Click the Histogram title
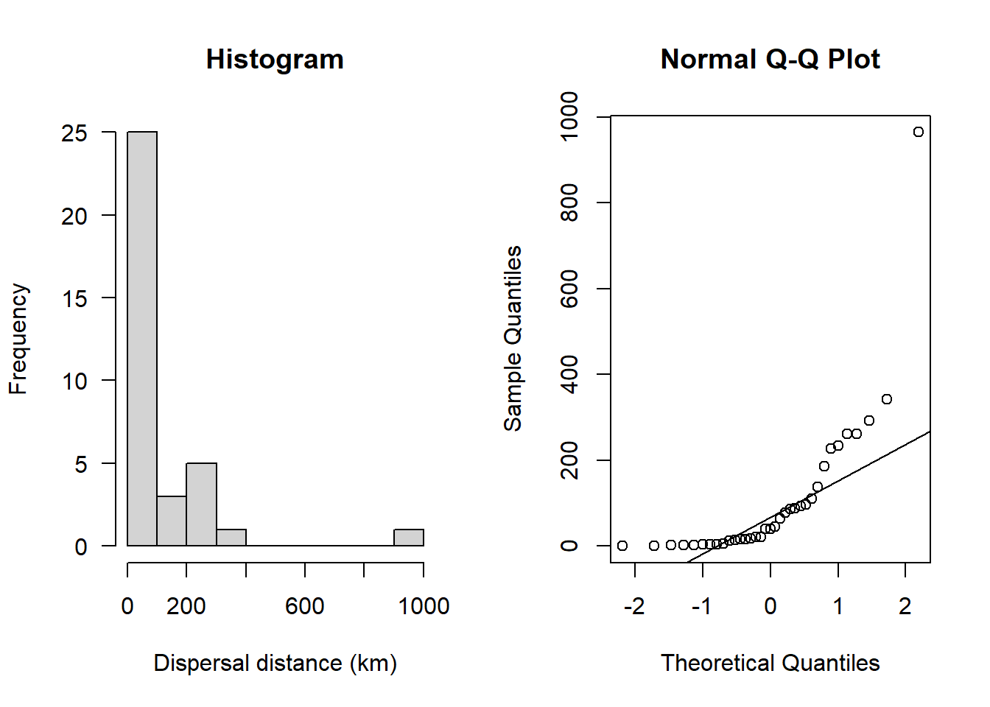(275, 60)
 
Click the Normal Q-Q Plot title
(770, 60)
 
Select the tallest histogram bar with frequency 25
(142, 339)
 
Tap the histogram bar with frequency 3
(172, 521)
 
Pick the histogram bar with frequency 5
(201, 504)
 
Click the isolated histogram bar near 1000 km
(409, 538)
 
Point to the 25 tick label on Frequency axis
(74, 133)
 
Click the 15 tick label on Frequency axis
(74, 298)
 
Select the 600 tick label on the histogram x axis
(305, 606)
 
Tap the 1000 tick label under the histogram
(424, 606)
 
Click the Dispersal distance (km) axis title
(275, 663)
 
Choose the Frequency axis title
(18, 339)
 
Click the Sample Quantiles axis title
(513, 339)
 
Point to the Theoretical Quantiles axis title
(770, 663)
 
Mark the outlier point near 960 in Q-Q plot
(918, 132)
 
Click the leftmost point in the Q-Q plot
(622, 546)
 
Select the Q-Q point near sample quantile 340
(887, 399)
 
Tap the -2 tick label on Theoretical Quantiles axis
(634, 606)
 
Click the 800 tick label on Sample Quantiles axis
(569, 203)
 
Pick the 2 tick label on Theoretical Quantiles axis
(905, 606)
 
